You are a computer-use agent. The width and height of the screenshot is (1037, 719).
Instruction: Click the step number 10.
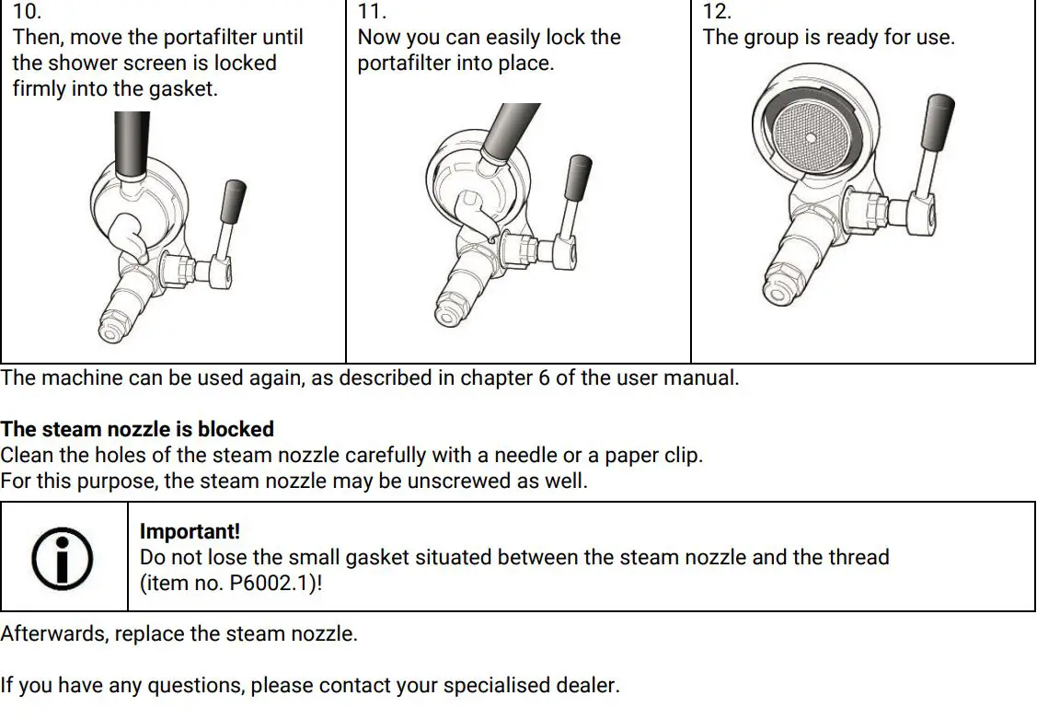[x=27, y=12]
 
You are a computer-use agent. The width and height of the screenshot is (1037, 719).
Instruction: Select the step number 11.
[x=371, y=12]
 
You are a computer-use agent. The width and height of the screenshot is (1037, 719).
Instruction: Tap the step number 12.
[x=717, y=12]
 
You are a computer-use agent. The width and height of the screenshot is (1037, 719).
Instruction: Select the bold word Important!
[x=190, y=532]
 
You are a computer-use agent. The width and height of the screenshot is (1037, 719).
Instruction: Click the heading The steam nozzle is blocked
[x=137, y=429]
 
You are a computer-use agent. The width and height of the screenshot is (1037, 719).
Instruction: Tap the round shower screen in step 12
[x=810, y=137]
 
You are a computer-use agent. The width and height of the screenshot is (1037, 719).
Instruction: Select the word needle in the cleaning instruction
[x=524, y=456]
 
